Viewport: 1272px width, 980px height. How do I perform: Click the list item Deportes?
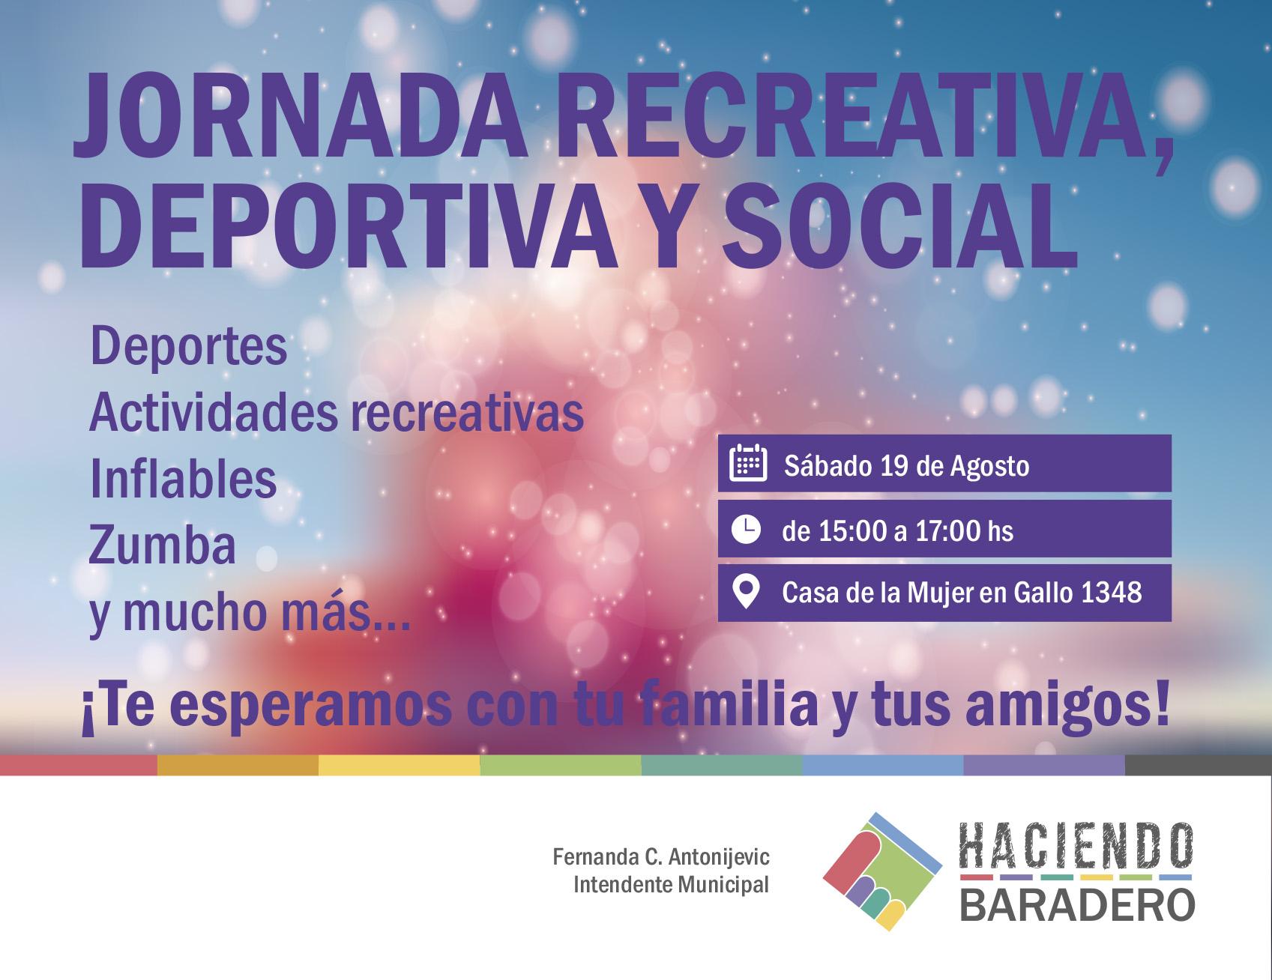tap(189, 348)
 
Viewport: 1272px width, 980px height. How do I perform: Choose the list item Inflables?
tap(184, 480)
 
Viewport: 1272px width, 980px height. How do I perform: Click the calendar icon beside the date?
tap(747, 464)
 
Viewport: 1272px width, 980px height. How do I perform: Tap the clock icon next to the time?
tap(746, 529)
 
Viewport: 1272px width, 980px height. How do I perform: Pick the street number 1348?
tap(1112, 593)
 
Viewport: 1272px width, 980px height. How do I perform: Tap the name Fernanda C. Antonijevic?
tap(661, 856)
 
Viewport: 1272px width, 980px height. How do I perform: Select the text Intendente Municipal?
tap(671, 885)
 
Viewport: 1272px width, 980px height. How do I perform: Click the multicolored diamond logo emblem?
tap(883, 871)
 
